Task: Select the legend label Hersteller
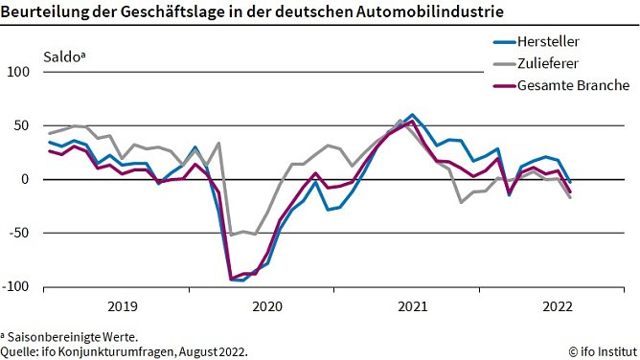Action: pyautogui.click(x=548, y=41)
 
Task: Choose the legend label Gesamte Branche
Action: pyautogui.click(x=572, y=85)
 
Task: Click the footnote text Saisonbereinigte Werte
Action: pyautogui.click(x=73, y=336)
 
